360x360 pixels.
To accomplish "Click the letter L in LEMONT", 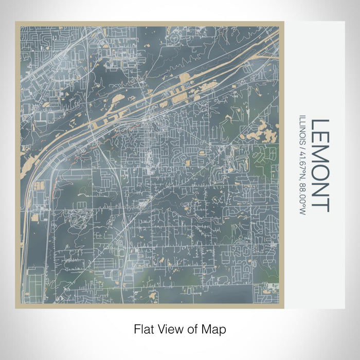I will tap(320, 125).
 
